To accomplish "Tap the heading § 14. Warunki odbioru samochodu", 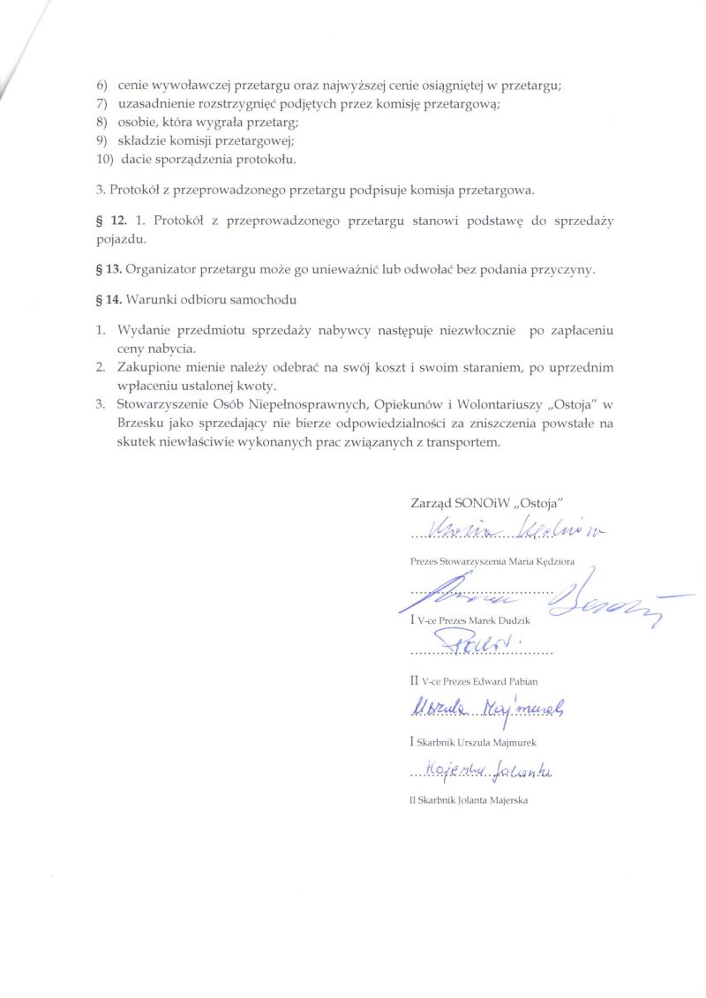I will [195, 299].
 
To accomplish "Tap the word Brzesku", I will [139, 424].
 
